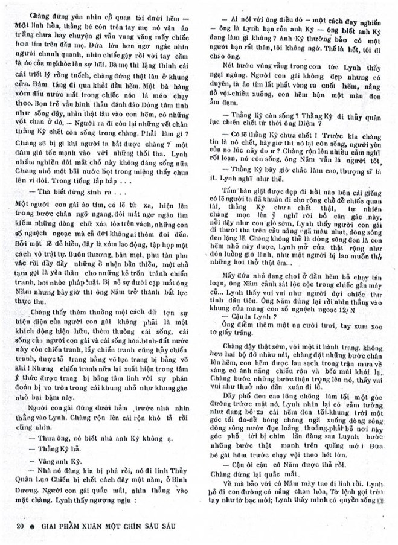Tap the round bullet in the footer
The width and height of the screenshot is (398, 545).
coord(32,526)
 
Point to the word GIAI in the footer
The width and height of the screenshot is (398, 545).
coord(48,526)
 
